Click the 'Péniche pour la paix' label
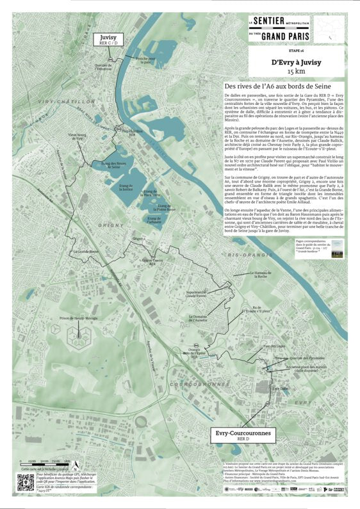coord(145,61)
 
